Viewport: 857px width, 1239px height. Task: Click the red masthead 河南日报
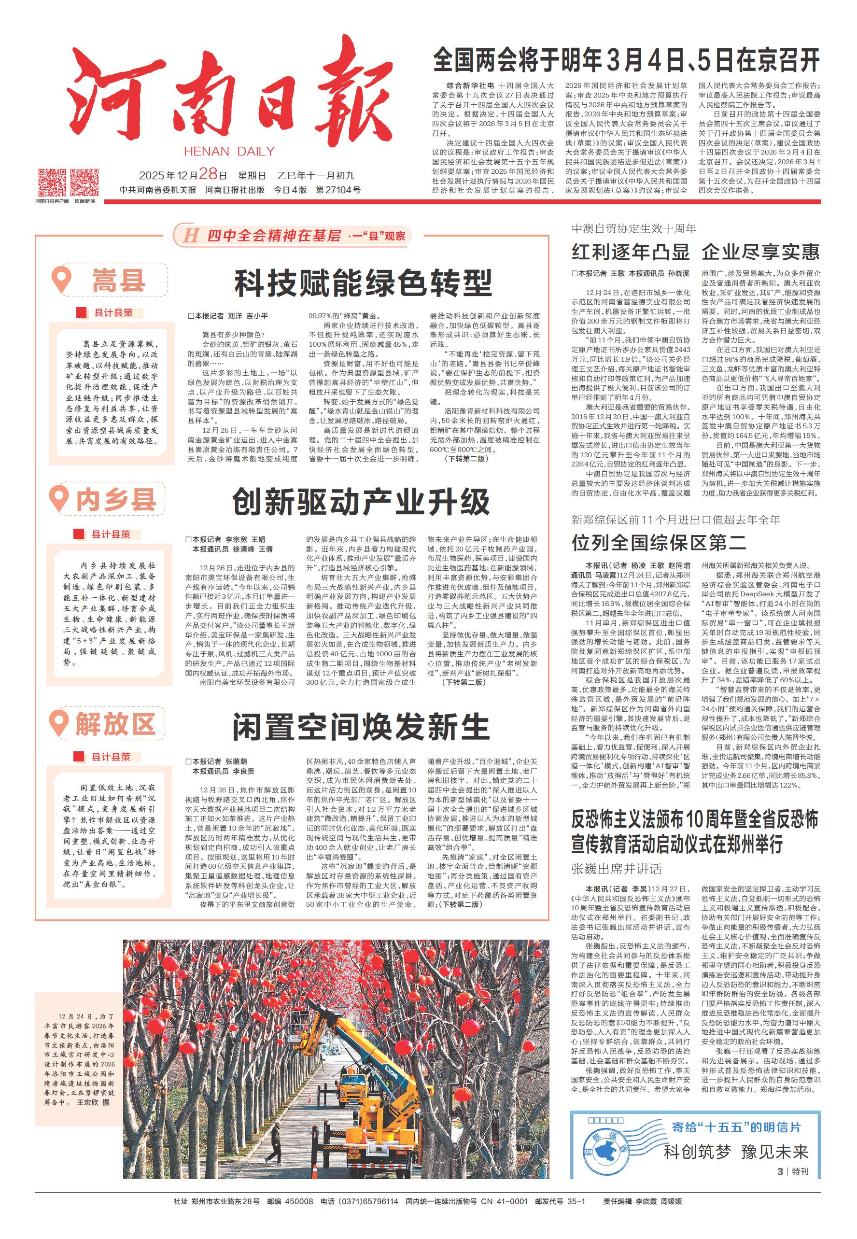(231, 94)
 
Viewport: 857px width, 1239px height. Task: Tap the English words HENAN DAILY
(229, 152)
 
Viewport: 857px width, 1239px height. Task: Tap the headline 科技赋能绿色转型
(363, 283)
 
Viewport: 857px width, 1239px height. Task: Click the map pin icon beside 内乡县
(59, 499)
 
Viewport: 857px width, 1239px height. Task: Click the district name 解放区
(115, 723)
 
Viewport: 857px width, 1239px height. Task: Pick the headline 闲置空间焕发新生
(361, 727)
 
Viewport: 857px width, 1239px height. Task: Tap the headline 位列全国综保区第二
(659, 542)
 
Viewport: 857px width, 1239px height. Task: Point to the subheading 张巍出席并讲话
(616, 869)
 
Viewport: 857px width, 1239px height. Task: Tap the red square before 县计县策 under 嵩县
(82, 312)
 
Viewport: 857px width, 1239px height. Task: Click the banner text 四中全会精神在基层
(274, 235)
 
